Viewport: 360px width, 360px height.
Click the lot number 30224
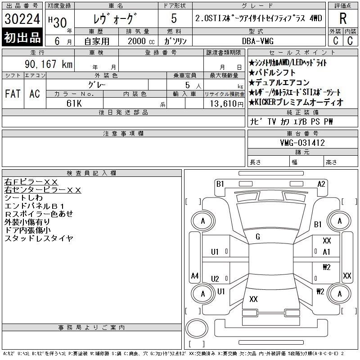22,19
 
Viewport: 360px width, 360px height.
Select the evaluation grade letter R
343,18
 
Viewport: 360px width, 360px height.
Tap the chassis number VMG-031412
302,143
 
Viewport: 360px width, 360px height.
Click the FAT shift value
13,94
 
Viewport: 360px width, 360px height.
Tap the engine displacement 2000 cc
137,40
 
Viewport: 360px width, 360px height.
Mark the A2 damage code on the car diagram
321,184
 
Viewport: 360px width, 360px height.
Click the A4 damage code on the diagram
195,275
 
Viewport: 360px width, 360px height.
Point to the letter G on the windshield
258,237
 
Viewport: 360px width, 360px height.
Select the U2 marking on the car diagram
215,279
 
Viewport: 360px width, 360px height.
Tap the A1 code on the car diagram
327,252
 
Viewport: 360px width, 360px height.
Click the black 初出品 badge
22,38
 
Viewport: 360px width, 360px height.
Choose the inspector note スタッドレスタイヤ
38,238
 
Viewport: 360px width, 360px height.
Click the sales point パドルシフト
275,72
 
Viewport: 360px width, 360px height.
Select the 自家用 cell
94,40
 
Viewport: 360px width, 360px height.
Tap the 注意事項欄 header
123,133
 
